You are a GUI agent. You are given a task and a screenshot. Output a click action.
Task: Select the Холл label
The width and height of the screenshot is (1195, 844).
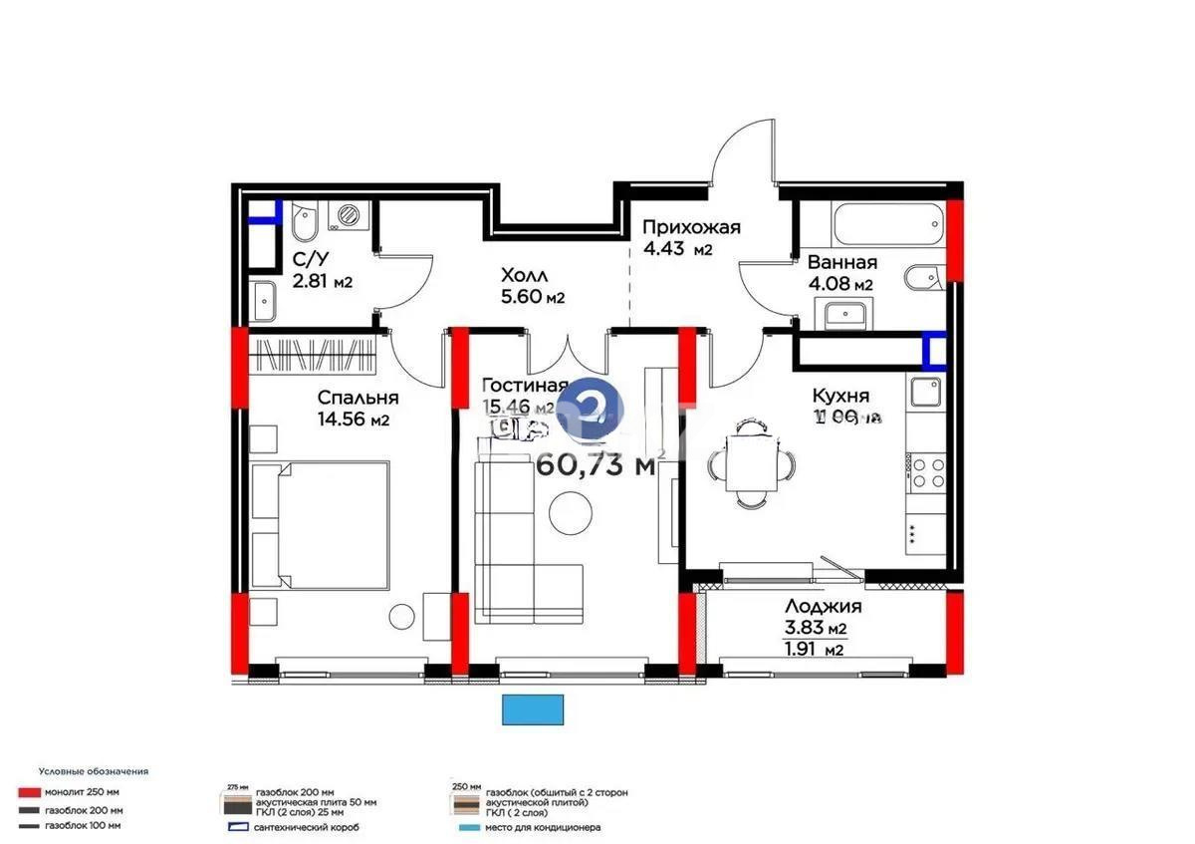524,275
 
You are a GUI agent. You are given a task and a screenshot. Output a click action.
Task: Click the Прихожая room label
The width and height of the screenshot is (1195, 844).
690,227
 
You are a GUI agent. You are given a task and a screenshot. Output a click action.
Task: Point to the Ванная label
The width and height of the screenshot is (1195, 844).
841,263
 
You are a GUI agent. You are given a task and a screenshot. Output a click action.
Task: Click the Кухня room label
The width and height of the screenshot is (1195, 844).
840,395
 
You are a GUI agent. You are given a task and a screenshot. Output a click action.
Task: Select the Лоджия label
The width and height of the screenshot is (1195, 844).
823,606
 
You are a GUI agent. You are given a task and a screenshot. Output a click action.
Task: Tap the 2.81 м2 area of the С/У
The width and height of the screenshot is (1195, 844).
322,281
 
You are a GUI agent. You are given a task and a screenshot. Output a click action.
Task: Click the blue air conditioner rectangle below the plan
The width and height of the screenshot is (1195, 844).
535,709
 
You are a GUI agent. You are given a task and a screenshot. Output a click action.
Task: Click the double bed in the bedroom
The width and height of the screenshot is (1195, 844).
318,526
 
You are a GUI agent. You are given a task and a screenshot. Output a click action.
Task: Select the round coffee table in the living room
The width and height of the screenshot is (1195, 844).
570,514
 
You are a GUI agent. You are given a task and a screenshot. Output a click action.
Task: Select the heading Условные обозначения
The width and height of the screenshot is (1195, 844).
94,771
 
